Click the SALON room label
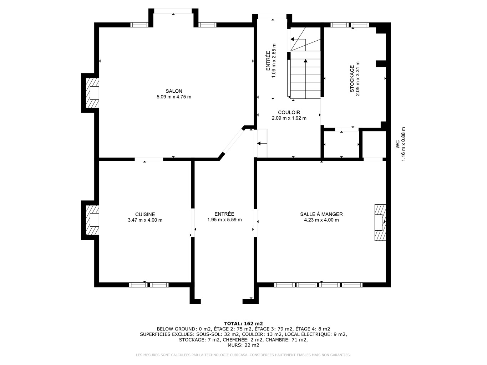pyautogui.click(x=174, y=91)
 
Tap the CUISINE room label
pyautogui.click(x=145, y=214)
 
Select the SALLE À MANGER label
pyautogui.click(x=321, y=214)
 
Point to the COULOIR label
pyautogui.click(x=289, y=112)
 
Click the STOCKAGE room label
pyautogui.click(x=352, y=79)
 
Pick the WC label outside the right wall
pyautogui.click(x=397, y=144)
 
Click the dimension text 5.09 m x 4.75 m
pyautogui.click(x=174, y=97)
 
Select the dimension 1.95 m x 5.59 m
pyautogui.click(x=224, y=220)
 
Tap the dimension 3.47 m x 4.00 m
pyautogui.click(x=145, y=220)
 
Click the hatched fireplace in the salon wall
pyautogui.click(x=92, y=93)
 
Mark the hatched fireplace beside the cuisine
pyautogui.click(x=92, y=220)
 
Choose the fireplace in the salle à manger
pyautogui.click(x=380, y=222)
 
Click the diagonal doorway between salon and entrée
pyautogui.click(x=233, y=141)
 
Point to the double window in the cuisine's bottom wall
pyautogui.click(x=149, y=285)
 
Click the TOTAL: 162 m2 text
pyautogui.click(x=243, y=323)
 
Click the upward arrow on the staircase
pyautogui.click(x=306, y=79)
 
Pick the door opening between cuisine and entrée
pyautogui.click(x=193, y=223)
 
